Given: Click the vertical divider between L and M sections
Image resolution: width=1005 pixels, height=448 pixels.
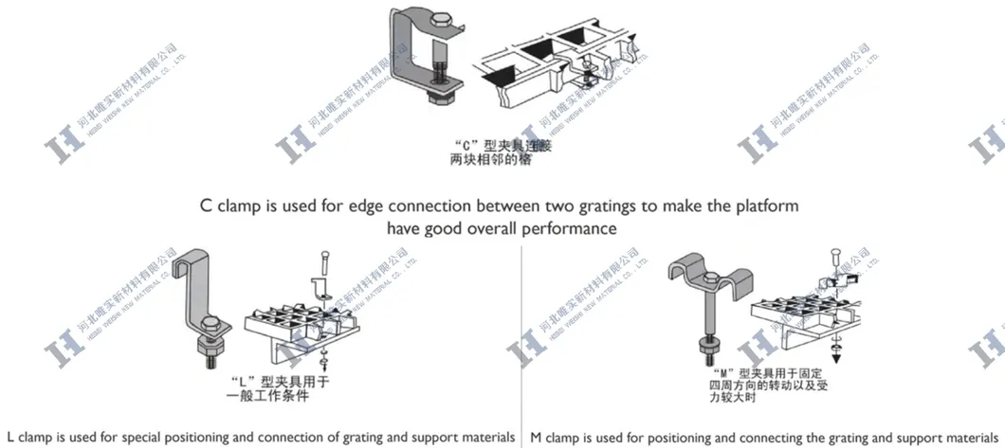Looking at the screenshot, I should pyautogui.click(x=522, y=341).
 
